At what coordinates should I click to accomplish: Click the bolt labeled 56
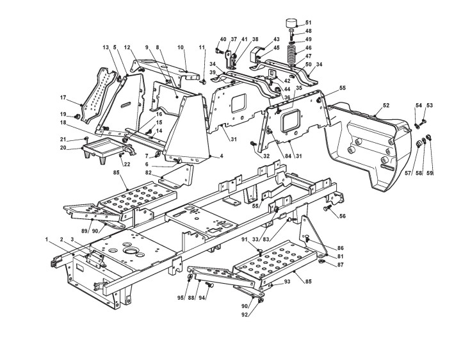coord(329,209)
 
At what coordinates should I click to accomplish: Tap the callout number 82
coord(166,173)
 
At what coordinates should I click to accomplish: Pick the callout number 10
coord(181,47)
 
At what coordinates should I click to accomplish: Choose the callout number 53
coord(430,105)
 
